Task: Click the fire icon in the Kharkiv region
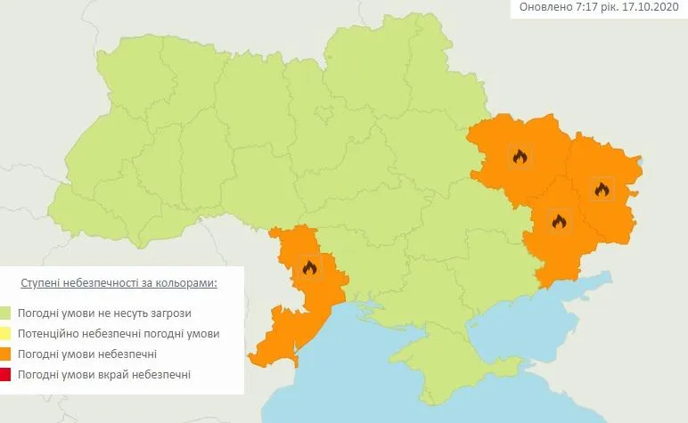pos(520,157)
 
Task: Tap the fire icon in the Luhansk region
pos(602,189)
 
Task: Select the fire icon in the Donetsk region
pos(559,222)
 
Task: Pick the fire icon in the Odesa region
pos(309,267)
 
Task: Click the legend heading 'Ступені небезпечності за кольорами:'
pos(119,282)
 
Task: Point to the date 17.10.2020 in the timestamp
pos(651,8)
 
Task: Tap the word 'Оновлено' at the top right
pos(541,8)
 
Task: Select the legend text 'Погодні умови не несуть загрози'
pos(104,313)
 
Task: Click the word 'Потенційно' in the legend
pos(49,334)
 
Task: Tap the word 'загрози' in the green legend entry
pos(170,313)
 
